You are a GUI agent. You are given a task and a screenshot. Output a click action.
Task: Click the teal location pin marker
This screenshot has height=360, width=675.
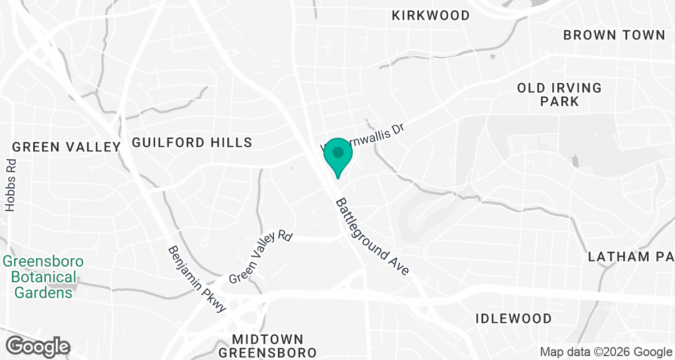(337, 157)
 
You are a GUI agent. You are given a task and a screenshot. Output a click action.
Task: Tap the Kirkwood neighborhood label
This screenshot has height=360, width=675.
(430, 15)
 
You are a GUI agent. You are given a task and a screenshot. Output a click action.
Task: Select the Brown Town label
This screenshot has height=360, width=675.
(614, 35)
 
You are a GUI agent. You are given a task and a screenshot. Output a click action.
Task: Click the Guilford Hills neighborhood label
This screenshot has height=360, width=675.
(192, 142)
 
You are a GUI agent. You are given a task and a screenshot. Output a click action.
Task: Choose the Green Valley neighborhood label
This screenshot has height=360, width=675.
(66, 147)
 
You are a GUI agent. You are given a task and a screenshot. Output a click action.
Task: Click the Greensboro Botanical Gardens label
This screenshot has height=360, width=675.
(43, 277)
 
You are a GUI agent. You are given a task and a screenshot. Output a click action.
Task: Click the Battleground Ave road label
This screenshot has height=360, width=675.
(372, 237)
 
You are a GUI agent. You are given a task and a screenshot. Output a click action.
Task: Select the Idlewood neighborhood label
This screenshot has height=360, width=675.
(514, 318)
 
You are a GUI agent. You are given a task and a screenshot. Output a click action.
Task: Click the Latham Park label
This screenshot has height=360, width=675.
(631, 257)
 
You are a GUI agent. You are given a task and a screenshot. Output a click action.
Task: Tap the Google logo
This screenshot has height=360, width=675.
(38, 345)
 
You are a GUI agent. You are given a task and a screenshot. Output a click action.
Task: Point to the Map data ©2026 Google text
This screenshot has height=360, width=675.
(605, 352)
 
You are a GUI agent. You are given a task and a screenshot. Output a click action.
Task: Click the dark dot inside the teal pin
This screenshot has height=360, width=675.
(337, 152)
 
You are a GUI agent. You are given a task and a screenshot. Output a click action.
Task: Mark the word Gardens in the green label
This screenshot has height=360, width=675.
(43, 292)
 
